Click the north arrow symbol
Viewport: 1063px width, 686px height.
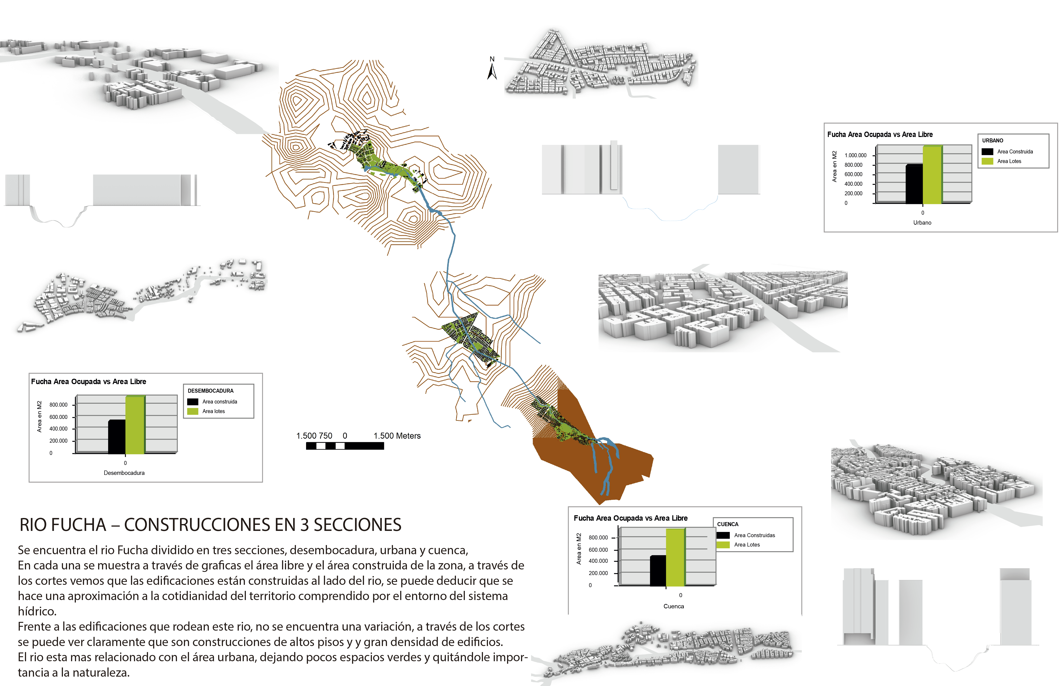click(x=492, y=71)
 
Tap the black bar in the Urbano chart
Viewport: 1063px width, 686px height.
click(x=914, y=184)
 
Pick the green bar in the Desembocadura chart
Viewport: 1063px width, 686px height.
click(x=135, y=425)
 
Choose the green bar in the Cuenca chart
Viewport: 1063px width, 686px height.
click(x=675, y=557)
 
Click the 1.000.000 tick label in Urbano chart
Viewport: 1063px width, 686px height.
click(x=855, y=156)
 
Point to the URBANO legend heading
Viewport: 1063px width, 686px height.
click(x=993, y=140)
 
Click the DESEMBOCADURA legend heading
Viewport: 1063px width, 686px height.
click(x=210, y=391)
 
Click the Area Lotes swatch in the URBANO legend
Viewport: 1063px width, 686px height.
click(x=987, y=161)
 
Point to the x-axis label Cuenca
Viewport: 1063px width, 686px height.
click(x=673, y=606)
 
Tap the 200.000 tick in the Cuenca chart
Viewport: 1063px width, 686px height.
click(x=598, y=573)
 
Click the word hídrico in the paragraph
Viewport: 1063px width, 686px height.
click(x=37, y=611)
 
